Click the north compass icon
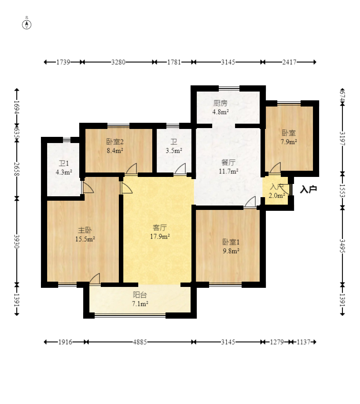coord(27,24)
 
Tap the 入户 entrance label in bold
coord(309,190)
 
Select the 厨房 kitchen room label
coord(220,103)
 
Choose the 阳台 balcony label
coord(140,295)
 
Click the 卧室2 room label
coord(114,142)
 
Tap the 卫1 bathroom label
coord(64,164)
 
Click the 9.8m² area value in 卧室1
coord(231,251)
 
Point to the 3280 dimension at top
coord(118,62)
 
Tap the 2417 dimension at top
coord(289,62)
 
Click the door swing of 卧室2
coord(132,169)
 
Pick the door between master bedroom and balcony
coord(95,279)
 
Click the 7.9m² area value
coord(289,142)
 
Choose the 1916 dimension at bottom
coord(64,342)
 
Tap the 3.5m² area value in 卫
coord(174,151)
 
